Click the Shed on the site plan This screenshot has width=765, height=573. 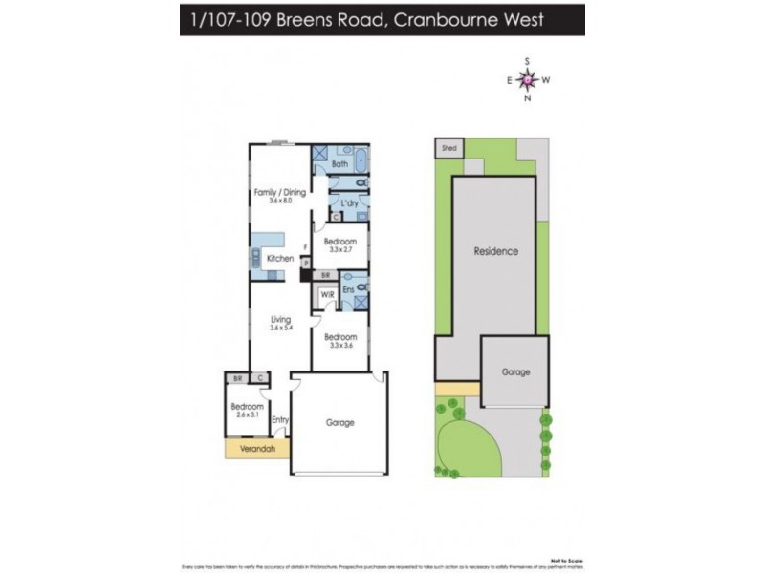pos(448,148)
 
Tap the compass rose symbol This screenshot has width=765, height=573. pos(527,80)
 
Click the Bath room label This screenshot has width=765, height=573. pos(339,164)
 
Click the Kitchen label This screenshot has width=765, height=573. pos(280,259)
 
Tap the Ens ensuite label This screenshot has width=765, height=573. pos(349,287)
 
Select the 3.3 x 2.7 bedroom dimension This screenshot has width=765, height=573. pos(340,249)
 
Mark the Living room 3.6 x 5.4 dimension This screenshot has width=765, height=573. pos(280,329)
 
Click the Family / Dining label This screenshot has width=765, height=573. pos(280,192)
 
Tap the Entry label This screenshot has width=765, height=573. pos(279,420)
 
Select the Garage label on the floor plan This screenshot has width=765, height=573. pos(339,422)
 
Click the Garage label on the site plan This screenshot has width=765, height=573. pos(514,371)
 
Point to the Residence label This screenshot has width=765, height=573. pos(496,251)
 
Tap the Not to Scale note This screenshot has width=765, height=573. pos(567,561)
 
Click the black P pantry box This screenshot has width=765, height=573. pos(305,275)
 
